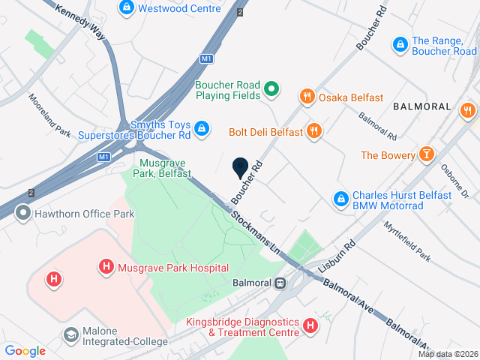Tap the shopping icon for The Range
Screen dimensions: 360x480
tap(400, 46)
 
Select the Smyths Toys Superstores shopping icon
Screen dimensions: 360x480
tap(201, 130)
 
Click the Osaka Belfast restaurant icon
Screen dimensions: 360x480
tap(306, 97)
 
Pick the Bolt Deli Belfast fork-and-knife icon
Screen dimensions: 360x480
tap(314, 131)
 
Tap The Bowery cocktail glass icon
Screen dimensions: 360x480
tap(427, 154)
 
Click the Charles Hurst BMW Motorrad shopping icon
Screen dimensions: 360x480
tap(340, 199)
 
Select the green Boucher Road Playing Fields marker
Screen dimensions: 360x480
tap(273, 90)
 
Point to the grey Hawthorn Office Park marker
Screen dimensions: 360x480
tap(23, 214)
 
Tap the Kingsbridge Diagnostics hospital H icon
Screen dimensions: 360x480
tap(309, 325)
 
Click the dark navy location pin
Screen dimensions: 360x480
tap(240, 169)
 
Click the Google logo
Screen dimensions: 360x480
tap(25, 350)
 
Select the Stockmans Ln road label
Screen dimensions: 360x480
tap(254, 229)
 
